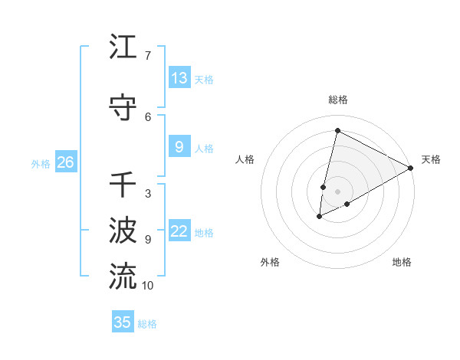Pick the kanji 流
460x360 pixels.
(123, 277)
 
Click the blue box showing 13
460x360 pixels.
(179, 78)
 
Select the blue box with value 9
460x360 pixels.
(179, 148)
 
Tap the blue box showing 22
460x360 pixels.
(179, 232)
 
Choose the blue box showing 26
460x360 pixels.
(66, 162)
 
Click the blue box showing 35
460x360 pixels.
(123, 322)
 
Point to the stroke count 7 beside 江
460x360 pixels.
(147, 56)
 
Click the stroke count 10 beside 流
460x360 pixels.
(147, 286)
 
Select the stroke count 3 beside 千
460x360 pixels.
(147, 194)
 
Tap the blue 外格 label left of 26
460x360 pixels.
(41, 163)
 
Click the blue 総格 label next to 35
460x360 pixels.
(147, 324)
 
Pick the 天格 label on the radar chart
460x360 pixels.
(431, 159)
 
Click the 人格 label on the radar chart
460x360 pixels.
(245, 159)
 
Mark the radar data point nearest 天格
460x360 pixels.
(411, 168)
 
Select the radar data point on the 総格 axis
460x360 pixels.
(337, 130)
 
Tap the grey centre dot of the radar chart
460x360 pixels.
(337, 191)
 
